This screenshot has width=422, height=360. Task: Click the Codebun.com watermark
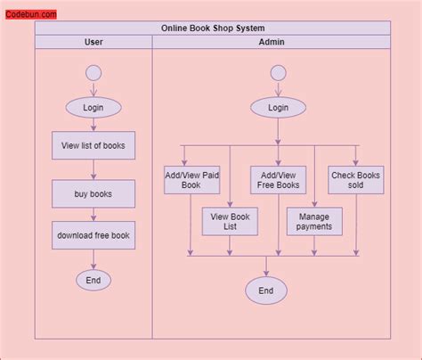(31, 14)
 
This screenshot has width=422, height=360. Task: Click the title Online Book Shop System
(213, 29)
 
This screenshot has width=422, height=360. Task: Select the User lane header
(93, 42)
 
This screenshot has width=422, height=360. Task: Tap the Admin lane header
(272, 42)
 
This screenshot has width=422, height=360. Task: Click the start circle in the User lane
(93, 73)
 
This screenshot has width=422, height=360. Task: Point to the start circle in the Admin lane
(278, 73)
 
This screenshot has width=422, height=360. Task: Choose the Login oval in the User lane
(93, 108)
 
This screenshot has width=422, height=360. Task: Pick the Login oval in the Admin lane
(278, 108)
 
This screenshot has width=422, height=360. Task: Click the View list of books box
(93, 145)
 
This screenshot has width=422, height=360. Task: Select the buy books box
(93, 193)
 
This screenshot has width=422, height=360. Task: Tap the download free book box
(93, 235)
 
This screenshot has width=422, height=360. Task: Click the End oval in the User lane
(93, 280)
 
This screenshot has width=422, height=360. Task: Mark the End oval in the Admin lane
(266, 290)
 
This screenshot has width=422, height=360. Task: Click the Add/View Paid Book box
(192, 181)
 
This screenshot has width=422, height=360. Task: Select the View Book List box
(230, 221)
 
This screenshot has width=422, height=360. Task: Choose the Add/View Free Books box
(278, 181)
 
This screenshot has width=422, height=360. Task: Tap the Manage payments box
(314, 221)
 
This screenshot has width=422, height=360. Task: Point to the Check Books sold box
(356, 181)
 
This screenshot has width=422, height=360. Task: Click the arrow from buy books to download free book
(93, 215)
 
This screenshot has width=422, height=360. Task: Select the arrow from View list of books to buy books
(93, 169)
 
